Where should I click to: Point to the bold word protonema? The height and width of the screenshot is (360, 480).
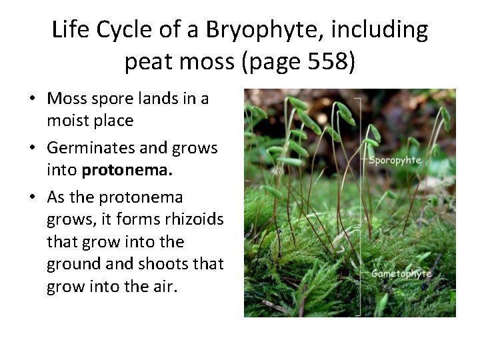tap(127, 170)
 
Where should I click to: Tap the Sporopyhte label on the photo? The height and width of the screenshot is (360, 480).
tap(396, 161)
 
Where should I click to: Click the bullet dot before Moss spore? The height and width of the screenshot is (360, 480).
tap(32, 99)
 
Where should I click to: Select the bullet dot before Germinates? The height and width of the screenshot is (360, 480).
tap(32, 149)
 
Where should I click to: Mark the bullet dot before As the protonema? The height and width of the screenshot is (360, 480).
tap(32, 198)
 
